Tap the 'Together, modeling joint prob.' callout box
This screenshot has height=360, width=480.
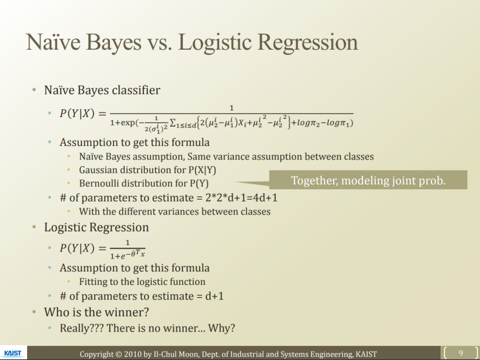point(368,180)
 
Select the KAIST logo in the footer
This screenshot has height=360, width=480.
point(12,354)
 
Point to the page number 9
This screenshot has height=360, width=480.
point(461,352)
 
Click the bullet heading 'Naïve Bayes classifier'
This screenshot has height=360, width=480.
point(102,90)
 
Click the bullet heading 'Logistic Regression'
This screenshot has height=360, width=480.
point(96,227)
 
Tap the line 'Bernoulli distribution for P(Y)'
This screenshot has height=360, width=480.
point(144,184)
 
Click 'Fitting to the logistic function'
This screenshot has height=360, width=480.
point(142,282)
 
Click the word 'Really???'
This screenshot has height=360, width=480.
point(81,328)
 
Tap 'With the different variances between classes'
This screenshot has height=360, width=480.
point(174,211)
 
